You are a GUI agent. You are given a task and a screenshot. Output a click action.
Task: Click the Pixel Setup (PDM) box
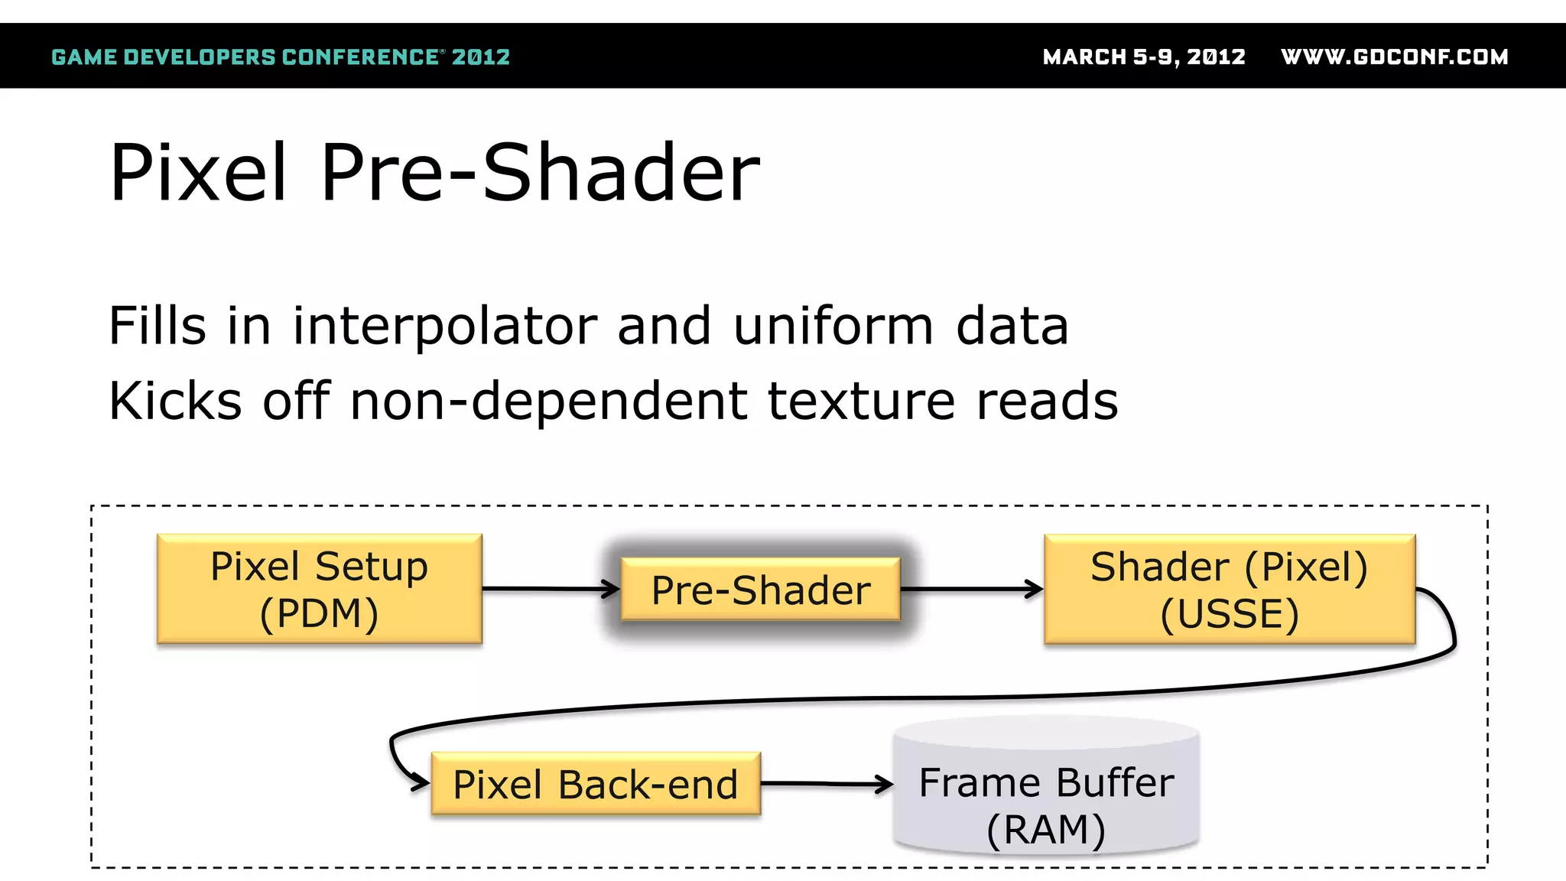point(319,589)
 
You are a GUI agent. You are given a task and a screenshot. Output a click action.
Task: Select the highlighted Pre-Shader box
point(760,589)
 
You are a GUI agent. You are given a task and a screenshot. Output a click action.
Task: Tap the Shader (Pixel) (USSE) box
point(1229,589)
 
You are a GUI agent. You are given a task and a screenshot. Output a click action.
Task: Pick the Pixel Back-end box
point(595,784)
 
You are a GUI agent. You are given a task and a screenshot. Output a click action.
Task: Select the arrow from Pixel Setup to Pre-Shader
point(551,589)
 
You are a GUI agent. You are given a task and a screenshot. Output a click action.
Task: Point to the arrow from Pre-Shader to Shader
point(971,589)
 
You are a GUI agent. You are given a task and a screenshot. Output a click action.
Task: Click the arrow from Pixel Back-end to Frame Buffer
point(826,784)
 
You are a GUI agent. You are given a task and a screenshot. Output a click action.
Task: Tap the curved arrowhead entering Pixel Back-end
point(417,782)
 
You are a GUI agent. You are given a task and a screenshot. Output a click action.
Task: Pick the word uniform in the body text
point(833,326)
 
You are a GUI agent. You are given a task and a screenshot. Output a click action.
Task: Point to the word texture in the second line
point(861,401)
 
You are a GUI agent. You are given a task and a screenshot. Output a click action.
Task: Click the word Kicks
point(175,401)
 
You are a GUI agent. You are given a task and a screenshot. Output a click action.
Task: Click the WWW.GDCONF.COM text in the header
point(1394,57)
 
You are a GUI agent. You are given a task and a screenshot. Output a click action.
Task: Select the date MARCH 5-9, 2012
point(1144,57)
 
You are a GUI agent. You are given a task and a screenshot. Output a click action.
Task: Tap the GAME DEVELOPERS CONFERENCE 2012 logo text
point(280,57)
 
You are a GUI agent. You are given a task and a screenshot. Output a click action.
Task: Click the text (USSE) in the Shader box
point(1229,614)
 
